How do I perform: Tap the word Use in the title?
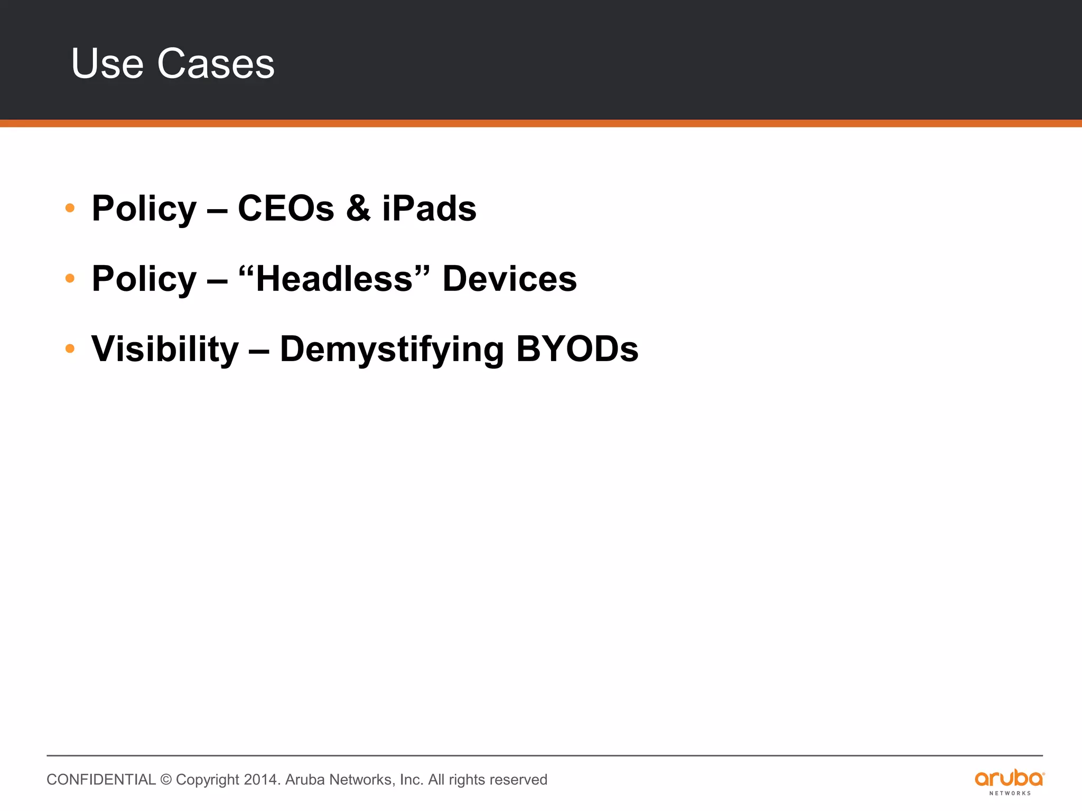click(x=107, y=63)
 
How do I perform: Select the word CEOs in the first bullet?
click(x=286, y=208)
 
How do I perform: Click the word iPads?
click(x=429, y=208)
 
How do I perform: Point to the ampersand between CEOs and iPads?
click(x=358, y=208)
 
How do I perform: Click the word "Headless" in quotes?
click(x=334, y=278)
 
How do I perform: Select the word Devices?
click(x=509, y=278)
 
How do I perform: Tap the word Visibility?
click(x=165, y=349)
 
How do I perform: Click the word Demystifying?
click(x=391, y=350)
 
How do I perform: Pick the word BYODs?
click(x=577, y=349)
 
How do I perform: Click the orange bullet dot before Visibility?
click(x=70, y=348)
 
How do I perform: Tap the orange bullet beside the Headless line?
click(x=70, y=278)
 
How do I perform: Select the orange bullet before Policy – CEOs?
click(x=70, y=208)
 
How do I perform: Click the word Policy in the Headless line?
click(x=144, y=279)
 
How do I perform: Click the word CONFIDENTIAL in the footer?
click(x=101, y=780)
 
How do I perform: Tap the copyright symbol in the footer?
click(x=166, y=780)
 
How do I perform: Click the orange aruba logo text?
click(x=1009, y=778)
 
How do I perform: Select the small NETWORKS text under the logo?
click(x=1010, y=793)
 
